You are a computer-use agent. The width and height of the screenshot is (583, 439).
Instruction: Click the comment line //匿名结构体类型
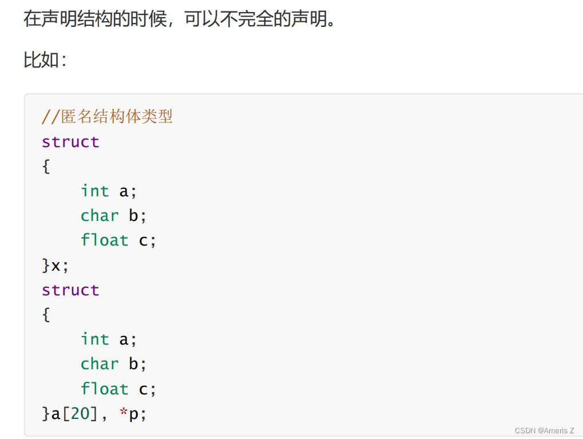coord(107,117)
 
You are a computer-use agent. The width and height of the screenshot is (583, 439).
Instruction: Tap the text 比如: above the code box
coord(45,60)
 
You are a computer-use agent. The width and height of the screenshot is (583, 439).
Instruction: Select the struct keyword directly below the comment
coord(70,142)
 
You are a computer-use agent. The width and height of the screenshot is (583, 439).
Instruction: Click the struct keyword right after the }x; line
coord(70,290)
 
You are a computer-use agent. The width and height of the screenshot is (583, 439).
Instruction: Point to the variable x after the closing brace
coord(56,266)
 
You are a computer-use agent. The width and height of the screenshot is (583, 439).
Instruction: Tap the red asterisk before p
coord(124,413)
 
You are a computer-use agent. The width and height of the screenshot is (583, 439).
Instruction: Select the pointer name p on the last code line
coord(133,414)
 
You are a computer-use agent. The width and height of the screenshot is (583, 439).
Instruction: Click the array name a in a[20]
coord(56,414)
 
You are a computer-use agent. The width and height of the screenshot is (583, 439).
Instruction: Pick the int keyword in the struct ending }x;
coord(94,191)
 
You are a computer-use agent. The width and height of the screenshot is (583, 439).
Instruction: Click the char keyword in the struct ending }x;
coord(100,216)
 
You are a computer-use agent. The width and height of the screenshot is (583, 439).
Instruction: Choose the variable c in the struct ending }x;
coord(144,241)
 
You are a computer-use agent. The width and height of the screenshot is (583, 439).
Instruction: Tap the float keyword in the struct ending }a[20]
coord(104,389)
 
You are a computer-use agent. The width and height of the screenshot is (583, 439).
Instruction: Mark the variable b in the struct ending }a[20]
coord(134,364)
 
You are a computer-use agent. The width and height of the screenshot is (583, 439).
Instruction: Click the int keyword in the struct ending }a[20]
coord(94,339)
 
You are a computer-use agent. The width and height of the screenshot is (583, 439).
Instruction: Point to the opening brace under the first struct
coord(46,167)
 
